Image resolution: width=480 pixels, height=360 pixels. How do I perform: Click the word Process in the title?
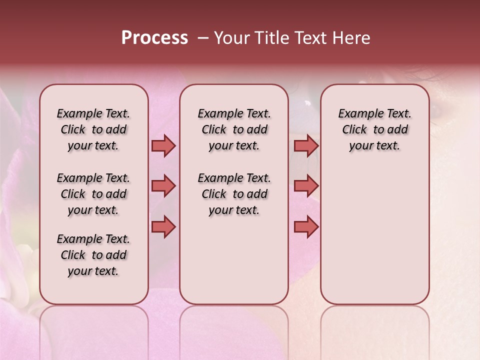coord(154,38)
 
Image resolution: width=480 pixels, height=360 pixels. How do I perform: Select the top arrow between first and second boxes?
coord(163,146)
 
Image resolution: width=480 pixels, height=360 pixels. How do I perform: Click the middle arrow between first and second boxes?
coord(163,186)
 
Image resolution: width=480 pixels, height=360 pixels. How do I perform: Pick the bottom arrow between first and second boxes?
coord(163,227)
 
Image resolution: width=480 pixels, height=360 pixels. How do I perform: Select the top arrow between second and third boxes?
coord(306,146)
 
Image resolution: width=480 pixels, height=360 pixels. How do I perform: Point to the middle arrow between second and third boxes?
coord(306,186)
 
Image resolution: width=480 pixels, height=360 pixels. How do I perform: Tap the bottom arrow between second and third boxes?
coord(306,227)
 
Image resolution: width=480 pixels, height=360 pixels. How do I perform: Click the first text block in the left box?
coord(93,129)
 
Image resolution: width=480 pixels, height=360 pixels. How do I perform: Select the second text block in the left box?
coord(93,194)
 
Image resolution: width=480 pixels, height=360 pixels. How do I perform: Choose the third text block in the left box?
coord(93,255)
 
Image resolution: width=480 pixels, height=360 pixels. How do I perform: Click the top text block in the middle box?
coord(234,129)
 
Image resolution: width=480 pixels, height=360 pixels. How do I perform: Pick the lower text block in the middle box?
coord(234,194)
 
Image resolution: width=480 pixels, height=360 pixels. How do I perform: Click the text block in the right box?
coord(374,129)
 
